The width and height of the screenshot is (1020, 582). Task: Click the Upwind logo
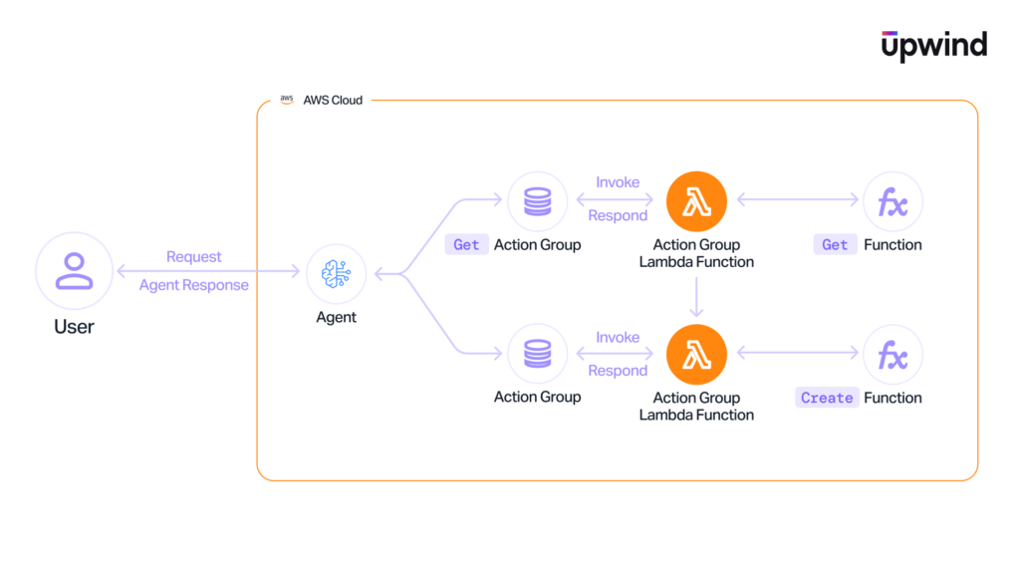pos(933,45)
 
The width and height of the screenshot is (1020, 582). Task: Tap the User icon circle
pos(75,272)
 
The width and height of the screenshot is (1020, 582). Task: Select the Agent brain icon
pos(337,273)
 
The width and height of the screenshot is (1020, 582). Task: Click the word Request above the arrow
pos(194,257)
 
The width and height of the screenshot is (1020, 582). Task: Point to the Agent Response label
pos(194,285)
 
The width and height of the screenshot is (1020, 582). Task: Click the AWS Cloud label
pos(333,101)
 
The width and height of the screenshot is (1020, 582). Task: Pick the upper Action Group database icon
pos(537,202)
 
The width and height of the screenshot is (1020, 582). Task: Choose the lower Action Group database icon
pos(537,355)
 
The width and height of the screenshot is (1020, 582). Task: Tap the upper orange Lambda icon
pos(696,202)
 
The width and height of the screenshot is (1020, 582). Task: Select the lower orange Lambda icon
pos(696,355)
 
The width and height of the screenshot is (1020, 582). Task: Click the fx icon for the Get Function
pos(892,202)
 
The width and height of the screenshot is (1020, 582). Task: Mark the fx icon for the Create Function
pos(892,355)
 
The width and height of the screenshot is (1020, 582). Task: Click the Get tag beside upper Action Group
pos(466,245)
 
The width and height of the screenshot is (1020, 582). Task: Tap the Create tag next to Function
pos(827,398)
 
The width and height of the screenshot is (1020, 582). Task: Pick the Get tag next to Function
pos(835,245)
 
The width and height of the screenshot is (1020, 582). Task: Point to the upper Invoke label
pos(618,182)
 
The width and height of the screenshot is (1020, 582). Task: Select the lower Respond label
pos(618,371)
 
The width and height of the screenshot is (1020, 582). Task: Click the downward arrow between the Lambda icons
pos(696,298)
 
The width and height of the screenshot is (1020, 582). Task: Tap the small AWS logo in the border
pos(287,100)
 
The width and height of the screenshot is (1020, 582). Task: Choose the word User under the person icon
pos(75,327)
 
